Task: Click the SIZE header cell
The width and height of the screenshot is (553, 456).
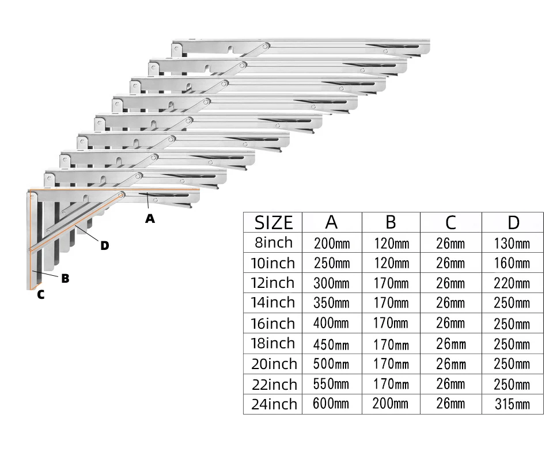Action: [x=274, y=222]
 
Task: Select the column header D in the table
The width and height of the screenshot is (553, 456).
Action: [x=513, y=222]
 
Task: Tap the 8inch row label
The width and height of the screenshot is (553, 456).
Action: [x=272, y=242]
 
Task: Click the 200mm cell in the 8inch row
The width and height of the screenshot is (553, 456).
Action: [x=332, y=243]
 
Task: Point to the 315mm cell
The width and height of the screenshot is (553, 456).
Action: [x=512, y=404]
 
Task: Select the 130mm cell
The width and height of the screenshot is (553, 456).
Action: [x=512, y=243]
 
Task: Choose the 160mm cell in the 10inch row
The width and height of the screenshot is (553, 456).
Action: [x=512, y=263]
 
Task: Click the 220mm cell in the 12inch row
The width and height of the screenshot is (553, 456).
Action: [x=512, y=283]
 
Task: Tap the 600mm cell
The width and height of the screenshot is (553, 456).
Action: [x=331, y=404]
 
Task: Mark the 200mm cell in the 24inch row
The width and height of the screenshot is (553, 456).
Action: [x=391, y=404]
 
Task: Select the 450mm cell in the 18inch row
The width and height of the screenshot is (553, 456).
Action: [x=332, y=344]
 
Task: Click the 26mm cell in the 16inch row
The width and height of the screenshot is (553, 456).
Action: [x=450, y=324]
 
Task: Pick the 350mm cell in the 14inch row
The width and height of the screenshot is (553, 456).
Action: [x=332, y=303]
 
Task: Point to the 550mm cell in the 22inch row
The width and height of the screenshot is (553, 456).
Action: [x=332, y=383]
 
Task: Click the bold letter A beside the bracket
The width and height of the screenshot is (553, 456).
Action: [x=150, y=219]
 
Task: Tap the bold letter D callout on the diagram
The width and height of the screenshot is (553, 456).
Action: [x=104, y=246]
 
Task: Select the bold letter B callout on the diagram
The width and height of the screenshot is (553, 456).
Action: [x=65, y=279]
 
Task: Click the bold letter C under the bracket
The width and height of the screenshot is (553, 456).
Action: [x=40, y=295]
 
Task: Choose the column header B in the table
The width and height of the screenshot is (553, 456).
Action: [x=391, y=222]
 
